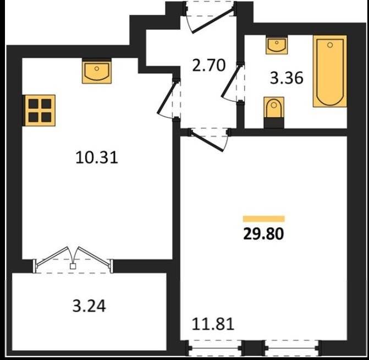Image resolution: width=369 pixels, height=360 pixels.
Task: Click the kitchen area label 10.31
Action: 97,157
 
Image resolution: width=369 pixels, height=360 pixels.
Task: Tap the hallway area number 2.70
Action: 209,66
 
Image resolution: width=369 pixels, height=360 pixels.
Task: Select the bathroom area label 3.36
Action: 287,78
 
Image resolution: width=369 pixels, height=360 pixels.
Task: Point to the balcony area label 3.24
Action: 89,306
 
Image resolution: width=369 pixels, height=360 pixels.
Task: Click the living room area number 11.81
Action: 213,324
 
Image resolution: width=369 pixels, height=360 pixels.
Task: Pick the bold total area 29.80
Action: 263,234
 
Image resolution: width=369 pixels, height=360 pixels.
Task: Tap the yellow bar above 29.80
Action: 264,219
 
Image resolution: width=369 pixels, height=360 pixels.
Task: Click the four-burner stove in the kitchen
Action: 40,110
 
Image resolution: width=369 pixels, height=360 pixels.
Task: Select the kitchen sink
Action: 97,71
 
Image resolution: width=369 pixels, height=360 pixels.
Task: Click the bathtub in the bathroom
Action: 330,71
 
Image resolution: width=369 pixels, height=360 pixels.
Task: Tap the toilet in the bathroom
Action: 274,112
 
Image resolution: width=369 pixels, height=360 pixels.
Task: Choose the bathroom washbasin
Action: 277,45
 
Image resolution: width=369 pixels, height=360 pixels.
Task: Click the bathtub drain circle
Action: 330,45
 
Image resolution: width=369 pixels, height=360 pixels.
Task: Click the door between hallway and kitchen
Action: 167,97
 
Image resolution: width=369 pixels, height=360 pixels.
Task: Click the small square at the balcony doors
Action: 73,266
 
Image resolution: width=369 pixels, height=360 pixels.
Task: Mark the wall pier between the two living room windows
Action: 254,348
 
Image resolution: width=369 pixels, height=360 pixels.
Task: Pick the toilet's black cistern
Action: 274,123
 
